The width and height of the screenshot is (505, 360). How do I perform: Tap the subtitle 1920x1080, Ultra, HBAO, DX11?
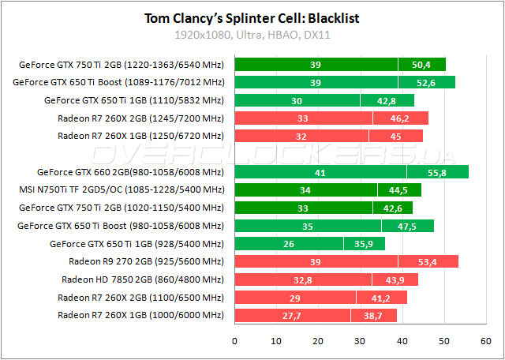coord(252,36)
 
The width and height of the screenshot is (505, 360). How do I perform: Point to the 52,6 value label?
coord(426,83)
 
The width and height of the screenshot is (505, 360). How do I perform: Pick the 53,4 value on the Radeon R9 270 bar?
coord(426,262)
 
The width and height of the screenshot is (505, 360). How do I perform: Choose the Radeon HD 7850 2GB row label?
coord(143,279)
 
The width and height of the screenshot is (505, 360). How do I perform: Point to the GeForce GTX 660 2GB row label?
coord(131,172)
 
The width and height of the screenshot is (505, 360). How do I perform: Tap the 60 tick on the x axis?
coord(486,341)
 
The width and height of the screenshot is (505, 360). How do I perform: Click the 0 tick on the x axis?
coord(234,341)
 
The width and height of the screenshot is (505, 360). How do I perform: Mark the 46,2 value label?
coord(399,118)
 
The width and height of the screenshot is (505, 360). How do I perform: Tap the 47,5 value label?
coord(406,226)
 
